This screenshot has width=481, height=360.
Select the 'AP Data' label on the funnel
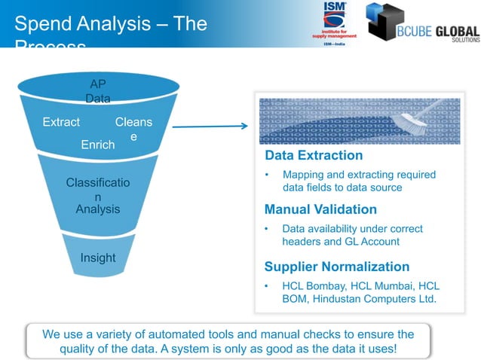click(x=98, y=91)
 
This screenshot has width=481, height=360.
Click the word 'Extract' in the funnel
click(x=61, y=122)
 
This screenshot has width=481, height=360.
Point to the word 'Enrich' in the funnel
click(x=98, y=145)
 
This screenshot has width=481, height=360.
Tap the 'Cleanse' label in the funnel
click(x=133, y=129)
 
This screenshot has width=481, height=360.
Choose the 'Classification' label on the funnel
click(x=98, y=189)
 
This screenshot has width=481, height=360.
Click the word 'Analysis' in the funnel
click(x=98, y=209)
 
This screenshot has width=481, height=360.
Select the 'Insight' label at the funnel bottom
click(x=98, y=258)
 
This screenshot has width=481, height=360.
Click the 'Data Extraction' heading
click(x=314, y=155)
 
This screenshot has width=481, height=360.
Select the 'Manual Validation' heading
click(x=320, y=209)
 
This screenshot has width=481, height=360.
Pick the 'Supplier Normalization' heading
click(x=337, y=267)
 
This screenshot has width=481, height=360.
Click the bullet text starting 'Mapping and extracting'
click(x=358, y=181)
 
